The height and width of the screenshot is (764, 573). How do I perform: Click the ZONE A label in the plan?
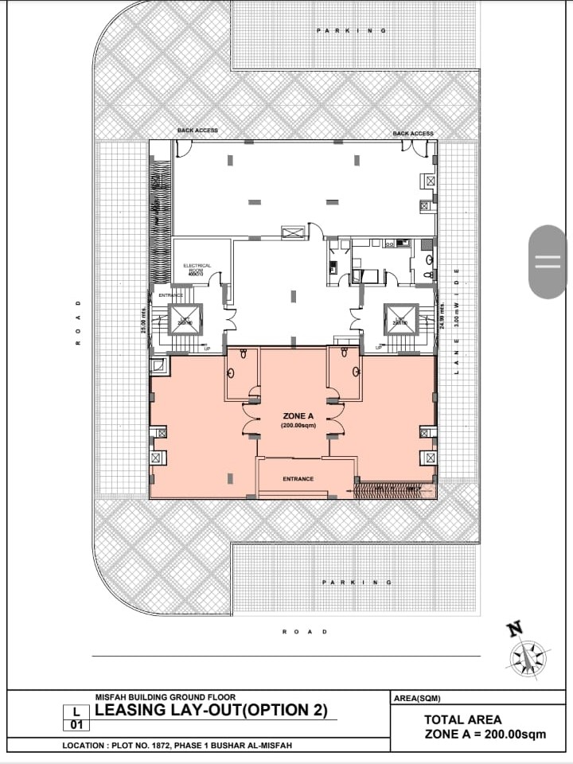298,416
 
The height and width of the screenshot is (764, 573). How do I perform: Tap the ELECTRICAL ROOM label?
197,269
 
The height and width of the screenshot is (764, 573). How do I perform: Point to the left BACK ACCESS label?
197,131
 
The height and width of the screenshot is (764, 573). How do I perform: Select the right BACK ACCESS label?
413,134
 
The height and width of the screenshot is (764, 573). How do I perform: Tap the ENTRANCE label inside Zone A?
298,479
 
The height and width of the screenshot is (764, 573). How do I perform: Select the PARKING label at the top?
351,30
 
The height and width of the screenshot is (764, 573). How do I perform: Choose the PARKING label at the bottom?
357,583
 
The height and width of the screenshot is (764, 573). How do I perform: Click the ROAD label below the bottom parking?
304,632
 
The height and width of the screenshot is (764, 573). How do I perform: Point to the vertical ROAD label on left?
78,322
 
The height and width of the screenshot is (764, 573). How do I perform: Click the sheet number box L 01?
76,718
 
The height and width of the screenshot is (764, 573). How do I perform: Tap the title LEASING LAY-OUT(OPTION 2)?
211,711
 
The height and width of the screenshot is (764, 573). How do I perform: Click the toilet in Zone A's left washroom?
231,372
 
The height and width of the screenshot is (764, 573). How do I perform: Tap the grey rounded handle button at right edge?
548,262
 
